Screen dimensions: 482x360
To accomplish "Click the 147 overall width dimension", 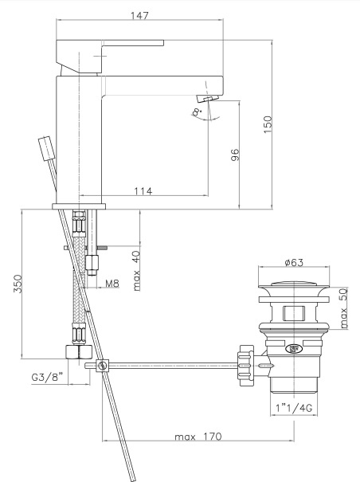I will coord(140,14).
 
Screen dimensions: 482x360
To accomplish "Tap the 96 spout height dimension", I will coord(235,155).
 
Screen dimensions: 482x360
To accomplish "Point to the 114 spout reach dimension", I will coord(143,190).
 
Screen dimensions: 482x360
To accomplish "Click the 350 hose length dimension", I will coord(18,284).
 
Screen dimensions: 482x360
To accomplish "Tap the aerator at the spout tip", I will coord(206,98).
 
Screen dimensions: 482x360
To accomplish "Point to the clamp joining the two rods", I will coord(101,366).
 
